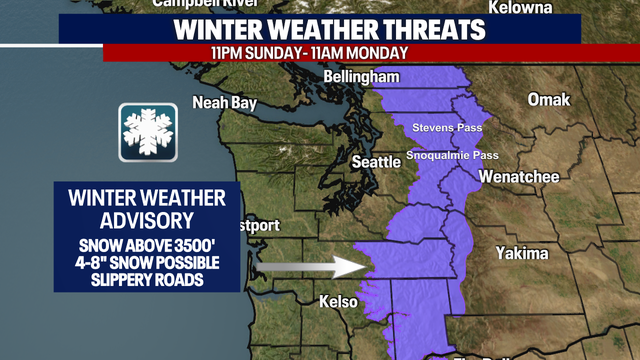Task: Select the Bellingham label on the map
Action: [x=362, y=77]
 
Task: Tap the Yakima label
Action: [x=522, y=253]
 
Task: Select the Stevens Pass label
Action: [x=448, y=128]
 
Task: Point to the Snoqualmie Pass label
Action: [x=452, y=156]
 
